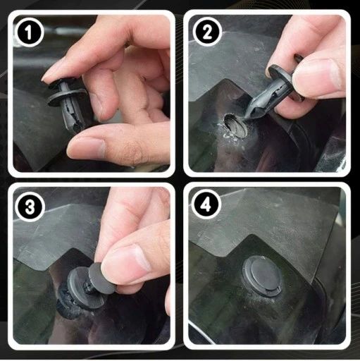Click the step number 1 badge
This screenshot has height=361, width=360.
[x=29, y=32]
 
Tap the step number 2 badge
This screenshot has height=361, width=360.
[x=207, y=32]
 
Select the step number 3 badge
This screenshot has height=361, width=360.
[x=30, y=207]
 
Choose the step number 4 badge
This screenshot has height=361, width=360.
[x=206, y=206]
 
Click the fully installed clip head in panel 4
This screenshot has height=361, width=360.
[x=261, y=276]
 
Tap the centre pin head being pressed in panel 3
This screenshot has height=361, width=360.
[x=101, y=278]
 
